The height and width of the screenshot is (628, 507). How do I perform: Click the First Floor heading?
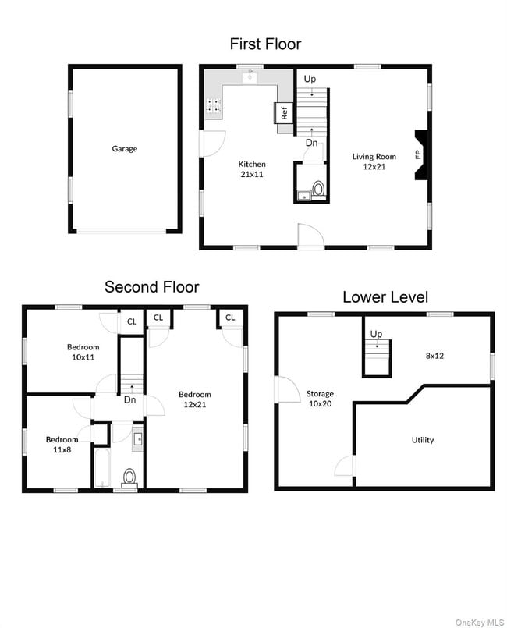265,44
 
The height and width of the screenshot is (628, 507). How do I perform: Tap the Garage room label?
124,148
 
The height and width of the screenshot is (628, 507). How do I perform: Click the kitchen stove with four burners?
213,108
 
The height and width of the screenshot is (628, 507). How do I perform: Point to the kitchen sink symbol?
250,76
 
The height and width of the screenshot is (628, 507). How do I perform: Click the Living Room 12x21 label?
374,161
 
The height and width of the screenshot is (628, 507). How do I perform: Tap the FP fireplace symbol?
419,154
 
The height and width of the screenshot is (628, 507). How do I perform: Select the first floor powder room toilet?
317,189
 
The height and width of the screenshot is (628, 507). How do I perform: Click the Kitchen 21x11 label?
252,169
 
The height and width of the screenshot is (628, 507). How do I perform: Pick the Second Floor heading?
151,287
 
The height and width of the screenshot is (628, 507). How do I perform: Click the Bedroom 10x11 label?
83,352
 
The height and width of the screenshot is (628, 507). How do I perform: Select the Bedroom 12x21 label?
194,399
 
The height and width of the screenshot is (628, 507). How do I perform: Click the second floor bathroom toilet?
129,476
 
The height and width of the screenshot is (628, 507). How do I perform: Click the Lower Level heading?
385,297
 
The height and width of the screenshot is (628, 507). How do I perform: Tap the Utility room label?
423,440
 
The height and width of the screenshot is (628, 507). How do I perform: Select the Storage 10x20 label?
320,399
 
